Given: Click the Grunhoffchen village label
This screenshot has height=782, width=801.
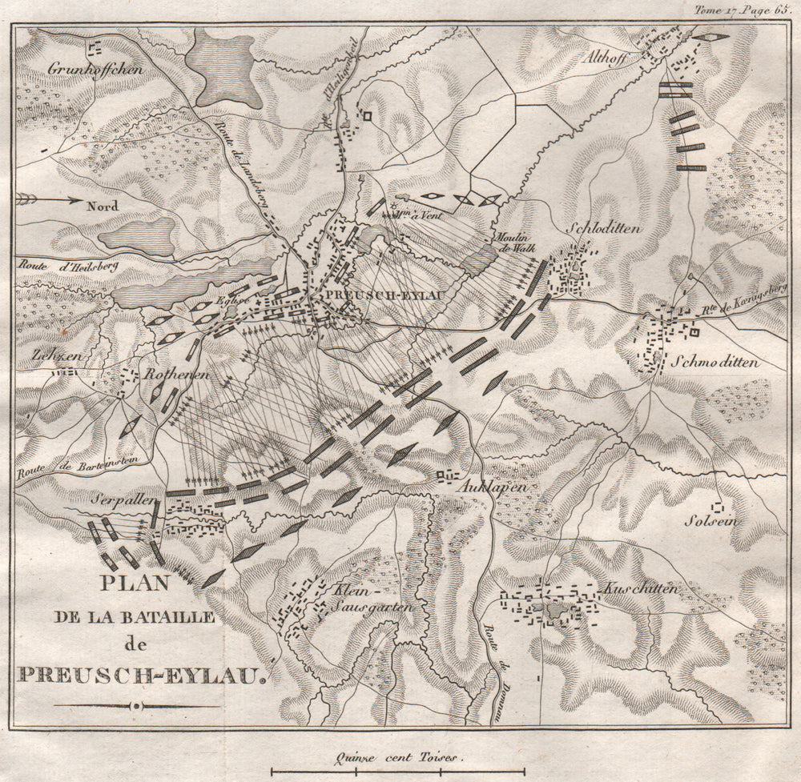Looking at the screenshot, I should click(x=95, y=69).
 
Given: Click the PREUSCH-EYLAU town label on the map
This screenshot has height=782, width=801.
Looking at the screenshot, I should click(x=380, y=295).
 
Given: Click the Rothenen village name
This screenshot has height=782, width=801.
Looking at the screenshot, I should click(x=177, y=374).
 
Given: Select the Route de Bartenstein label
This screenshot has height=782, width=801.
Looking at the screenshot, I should click(x=70, y=462).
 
